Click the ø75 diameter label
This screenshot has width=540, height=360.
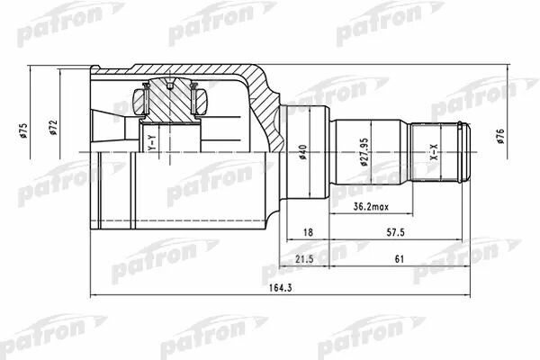(24, 130)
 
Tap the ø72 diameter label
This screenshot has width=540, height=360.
(53, 128)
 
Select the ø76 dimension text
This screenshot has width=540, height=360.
(500, 136)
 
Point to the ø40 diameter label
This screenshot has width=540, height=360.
(303, 152)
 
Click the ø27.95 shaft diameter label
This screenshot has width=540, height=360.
(365, 152)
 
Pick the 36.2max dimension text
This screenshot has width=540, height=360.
(371, 207)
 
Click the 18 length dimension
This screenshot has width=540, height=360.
(308, 232)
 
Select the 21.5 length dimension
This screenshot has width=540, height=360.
(305, 258)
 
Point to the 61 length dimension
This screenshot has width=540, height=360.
(399, 258)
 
